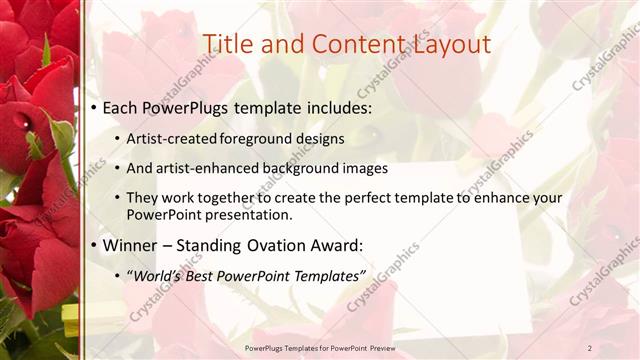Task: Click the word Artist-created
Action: pos(172,138)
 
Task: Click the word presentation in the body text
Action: pos(256,215)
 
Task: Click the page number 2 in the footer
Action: pos(589,347)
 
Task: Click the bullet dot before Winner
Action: pos(93,246)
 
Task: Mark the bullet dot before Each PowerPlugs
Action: pos(93,107)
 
